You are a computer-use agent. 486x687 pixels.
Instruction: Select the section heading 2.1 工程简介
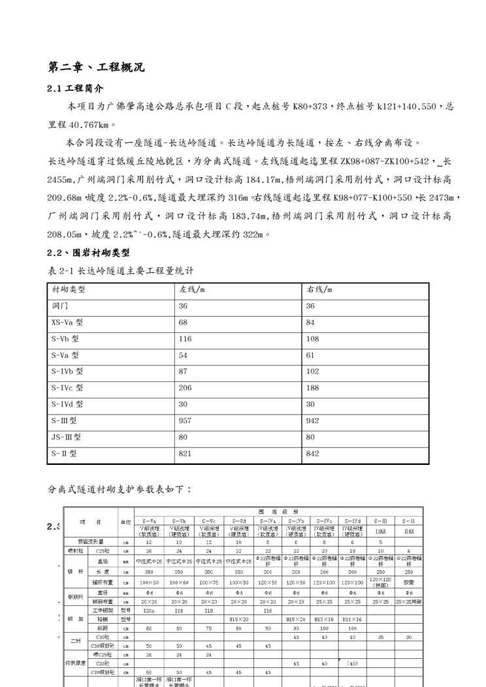click(x=76, y=88)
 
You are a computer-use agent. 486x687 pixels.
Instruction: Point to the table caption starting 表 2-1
click(x=121, y=270)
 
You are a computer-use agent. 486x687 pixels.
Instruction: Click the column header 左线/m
click(x=192, y=289)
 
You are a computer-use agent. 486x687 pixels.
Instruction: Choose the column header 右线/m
click(x=319, y=289)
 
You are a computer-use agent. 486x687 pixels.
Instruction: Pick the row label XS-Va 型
click(x=67, y=323)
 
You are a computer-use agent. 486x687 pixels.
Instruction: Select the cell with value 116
click(x=186, y=339)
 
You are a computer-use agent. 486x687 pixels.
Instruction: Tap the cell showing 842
click(x=313, y=453)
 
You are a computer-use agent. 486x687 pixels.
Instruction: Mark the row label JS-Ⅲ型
click(x=67, y=437)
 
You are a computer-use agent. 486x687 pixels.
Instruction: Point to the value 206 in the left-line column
click(x=186, y=388)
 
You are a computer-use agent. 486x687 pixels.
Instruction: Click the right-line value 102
click(x=313, y=372)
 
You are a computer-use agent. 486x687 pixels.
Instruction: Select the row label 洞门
click(x=59, y=306)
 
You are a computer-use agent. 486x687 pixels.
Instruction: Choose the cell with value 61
click(x=310, y=355)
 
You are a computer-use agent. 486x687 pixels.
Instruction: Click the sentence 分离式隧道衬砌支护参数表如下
click(x=120, y=488)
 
